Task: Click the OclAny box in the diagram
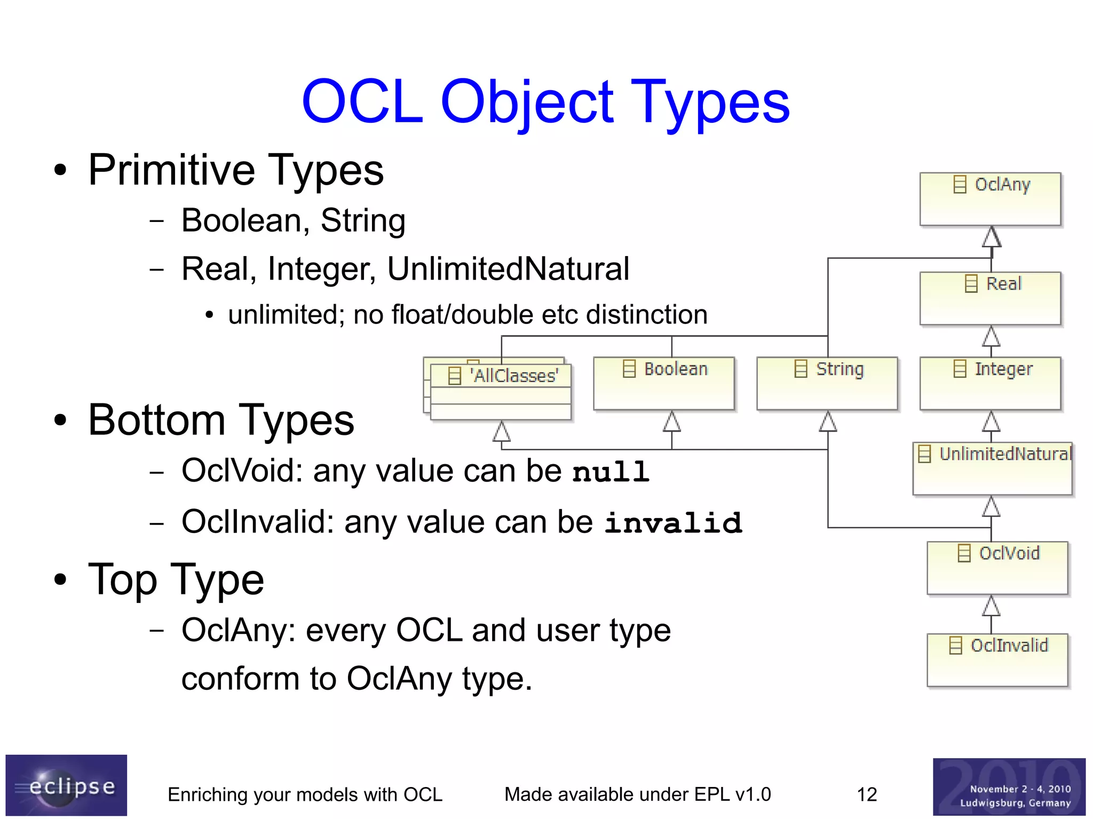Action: pyautogui.click(x=990, y=198)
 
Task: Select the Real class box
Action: pyautogui.click(x=990, y=298)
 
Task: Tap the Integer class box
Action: pyautogui.click(x=990, y=383)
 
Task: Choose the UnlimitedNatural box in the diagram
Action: pyautogui.click(x=992, y=468)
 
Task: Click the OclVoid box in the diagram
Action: pyautogui.click(x=997, y=568)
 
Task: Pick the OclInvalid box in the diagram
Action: pyautogui.click(x=997, y=659)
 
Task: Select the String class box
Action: pyautogui.click(x=827, y=383)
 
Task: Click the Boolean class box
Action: pyautogui.click(x=663, y=383)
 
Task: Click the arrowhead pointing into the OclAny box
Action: pyautogui.click(x=992, y=237)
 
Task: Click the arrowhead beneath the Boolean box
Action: pyautogui.click(x=671, y=422)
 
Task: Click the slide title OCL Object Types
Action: pyautogui.click(x=545, y=101)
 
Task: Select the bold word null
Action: pyautogui.click(x=611, y=472)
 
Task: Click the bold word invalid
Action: pyautogui.click(x=673, y=522)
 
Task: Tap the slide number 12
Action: pyautogui.click(x=866, y=794)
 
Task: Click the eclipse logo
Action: pyautogui.click(x=66, y=785)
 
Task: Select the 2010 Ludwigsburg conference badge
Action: pyautogui.click(x=1009, y=787)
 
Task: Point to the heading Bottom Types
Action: pyautogui.click(x=221, y=420)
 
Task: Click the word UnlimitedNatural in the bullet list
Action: pyautogui.click(x=508, y=268)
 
